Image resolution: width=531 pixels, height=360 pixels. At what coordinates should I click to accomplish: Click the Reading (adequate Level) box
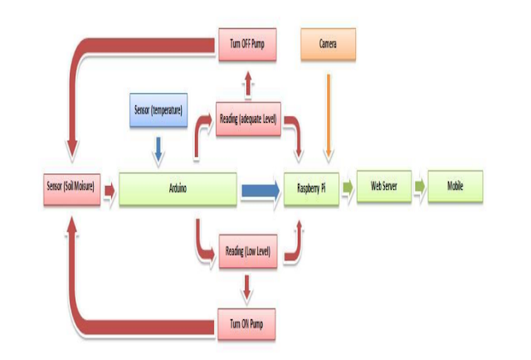(247, 119)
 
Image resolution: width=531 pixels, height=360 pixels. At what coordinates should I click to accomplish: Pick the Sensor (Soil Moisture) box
(71, 188)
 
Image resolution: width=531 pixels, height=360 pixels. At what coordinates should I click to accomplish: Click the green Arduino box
(178, 189)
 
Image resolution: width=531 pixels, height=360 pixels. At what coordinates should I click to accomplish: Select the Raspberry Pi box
(312, 189)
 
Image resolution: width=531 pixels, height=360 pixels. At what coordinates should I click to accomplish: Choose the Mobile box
(455, 187)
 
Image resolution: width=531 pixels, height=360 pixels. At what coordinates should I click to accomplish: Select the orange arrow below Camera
(329, 116)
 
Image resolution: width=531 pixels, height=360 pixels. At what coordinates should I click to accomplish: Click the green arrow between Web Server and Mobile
(419, 187)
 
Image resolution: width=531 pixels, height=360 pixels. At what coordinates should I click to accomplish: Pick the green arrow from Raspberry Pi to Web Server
(348, 188)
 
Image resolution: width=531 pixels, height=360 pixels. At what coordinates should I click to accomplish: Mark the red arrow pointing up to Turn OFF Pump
(247, 80)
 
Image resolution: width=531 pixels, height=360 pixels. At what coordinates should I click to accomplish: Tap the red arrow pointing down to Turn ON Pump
(247, 287)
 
